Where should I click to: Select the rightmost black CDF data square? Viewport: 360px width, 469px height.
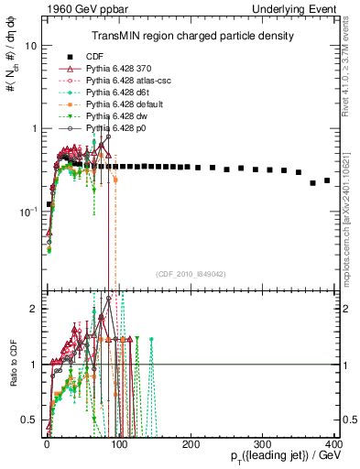327,180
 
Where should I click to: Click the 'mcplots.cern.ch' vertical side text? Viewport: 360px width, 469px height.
352,211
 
